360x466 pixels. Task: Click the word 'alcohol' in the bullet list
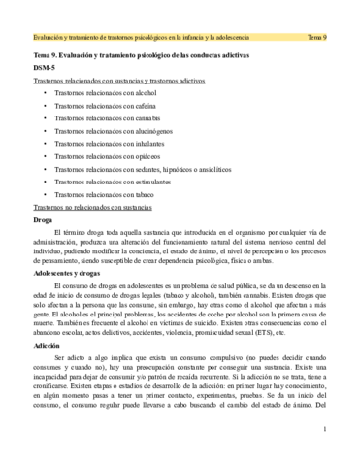click(142, 101)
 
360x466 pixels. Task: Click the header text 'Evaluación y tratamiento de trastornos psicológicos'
click(116, 37)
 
